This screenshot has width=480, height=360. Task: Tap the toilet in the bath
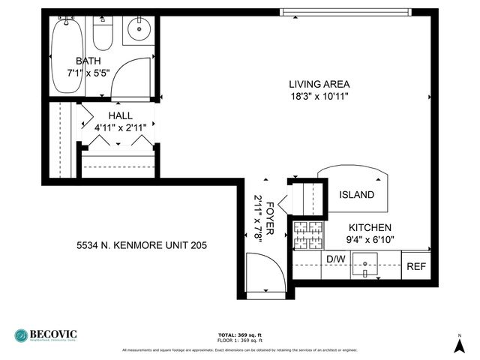point(103,34)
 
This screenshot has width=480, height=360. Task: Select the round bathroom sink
point(139,30)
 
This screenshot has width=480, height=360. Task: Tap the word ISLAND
point(356,195)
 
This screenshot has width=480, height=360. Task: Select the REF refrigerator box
point(415,265)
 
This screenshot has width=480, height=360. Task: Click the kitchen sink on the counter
point(366,265)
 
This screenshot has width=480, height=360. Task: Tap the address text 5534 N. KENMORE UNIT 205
point(142,245)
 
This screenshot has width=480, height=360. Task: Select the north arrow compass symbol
point(459,344)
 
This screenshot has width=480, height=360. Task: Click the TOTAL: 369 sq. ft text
point(239,334)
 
